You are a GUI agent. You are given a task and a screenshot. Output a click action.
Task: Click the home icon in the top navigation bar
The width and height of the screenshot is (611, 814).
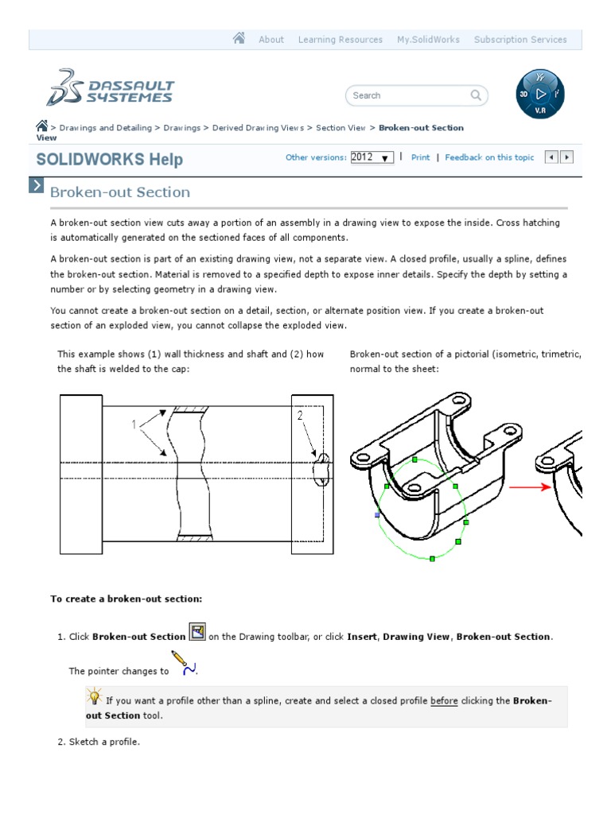(239, 38)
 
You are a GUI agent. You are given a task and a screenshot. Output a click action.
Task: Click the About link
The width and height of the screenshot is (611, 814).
(271, 40)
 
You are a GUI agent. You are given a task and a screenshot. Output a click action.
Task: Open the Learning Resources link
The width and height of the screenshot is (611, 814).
(340, 40)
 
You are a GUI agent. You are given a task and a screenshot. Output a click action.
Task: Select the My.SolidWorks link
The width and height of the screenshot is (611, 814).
(428, 40)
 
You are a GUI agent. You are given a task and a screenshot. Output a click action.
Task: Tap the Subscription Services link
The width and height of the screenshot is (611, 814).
(520, 40)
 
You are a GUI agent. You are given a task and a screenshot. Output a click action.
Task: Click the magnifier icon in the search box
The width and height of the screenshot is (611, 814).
(476, 95)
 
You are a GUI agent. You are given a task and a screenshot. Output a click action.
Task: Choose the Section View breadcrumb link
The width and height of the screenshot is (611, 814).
(341, 127)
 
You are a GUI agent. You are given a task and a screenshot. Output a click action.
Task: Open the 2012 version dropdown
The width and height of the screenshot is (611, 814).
(372, 157)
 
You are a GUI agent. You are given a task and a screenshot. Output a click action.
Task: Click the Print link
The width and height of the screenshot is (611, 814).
(420, 157)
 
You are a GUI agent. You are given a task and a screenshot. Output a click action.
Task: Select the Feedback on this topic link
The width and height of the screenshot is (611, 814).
(489, 157)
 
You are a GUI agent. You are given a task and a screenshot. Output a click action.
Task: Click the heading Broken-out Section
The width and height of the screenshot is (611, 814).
(120, 192)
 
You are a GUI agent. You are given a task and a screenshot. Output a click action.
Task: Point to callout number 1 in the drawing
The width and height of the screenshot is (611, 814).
(134, 424)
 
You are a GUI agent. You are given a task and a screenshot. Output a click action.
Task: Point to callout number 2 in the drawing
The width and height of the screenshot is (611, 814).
(300, 415)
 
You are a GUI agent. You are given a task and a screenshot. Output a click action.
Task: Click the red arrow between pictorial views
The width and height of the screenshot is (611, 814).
(529, 486)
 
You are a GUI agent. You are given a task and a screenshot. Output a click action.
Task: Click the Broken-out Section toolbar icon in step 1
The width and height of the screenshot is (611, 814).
(197, 633)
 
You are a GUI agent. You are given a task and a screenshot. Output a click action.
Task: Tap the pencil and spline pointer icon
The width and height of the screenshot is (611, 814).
(184, 664)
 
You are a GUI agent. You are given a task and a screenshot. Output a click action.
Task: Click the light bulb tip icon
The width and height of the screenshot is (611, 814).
(94, 698)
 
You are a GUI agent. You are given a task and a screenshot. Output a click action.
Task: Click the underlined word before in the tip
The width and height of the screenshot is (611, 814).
(444, 701)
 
